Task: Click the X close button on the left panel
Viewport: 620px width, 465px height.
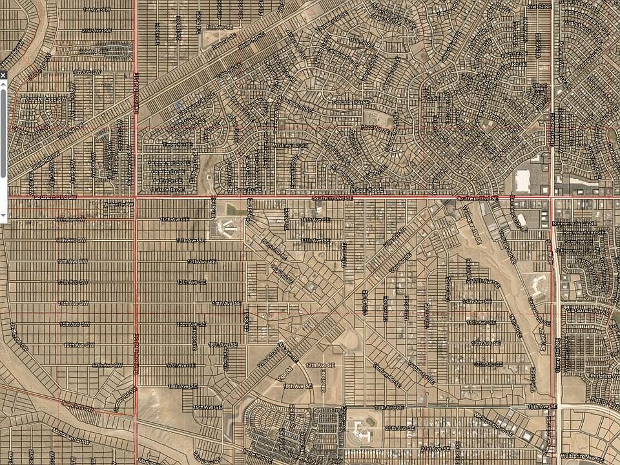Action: (3, 76)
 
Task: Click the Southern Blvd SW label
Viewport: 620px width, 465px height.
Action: (58, 196)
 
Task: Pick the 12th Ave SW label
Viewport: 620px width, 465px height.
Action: (72, 261)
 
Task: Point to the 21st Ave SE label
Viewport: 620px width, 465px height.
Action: (433, 448)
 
